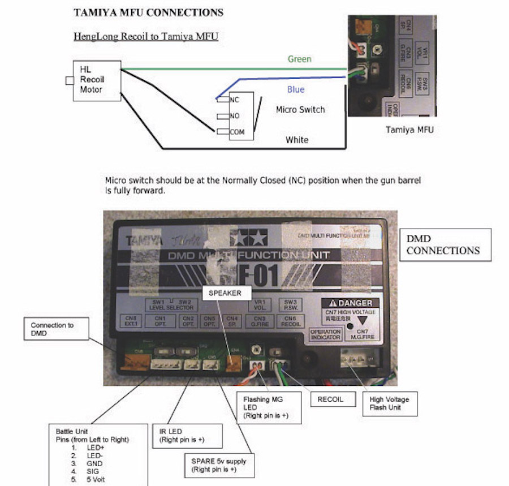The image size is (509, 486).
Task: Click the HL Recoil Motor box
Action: tap(96, 80)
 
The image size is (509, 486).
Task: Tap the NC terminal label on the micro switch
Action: tap(235, 99)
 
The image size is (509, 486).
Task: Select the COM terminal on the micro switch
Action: tap(237, 132)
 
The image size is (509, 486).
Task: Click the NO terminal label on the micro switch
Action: tap(235, 115)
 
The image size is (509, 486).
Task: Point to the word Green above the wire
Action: tap(299, 59)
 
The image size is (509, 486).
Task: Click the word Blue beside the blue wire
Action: tap(296, 89)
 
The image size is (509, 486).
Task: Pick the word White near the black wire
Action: tap(297, 139)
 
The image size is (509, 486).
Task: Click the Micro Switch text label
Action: tap(300, 109)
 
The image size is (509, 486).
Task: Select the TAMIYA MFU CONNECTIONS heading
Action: tap(148, 12)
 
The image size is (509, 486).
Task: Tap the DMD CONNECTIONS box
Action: tap(445, 244)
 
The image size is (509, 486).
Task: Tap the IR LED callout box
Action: tap(187, 435)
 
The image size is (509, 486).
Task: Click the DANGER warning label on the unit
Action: tap(348, 304)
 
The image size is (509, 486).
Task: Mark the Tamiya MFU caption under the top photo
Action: tap(409, 130)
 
